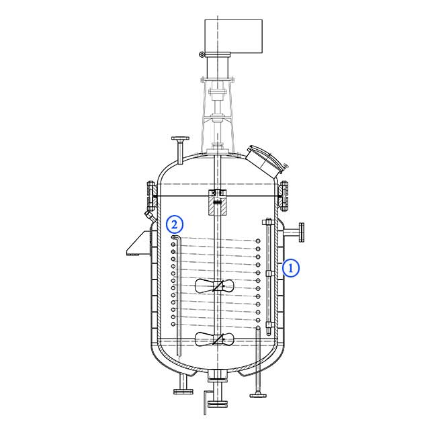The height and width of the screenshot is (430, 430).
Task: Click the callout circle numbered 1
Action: [291, 267]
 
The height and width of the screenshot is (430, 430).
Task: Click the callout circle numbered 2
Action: [173, 223]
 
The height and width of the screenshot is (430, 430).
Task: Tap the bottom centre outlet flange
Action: [216, 402]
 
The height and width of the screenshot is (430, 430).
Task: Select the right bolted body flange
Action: [285, 196]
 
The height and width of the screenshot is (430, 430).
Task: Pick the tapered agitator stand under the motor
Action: [217, 111]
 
